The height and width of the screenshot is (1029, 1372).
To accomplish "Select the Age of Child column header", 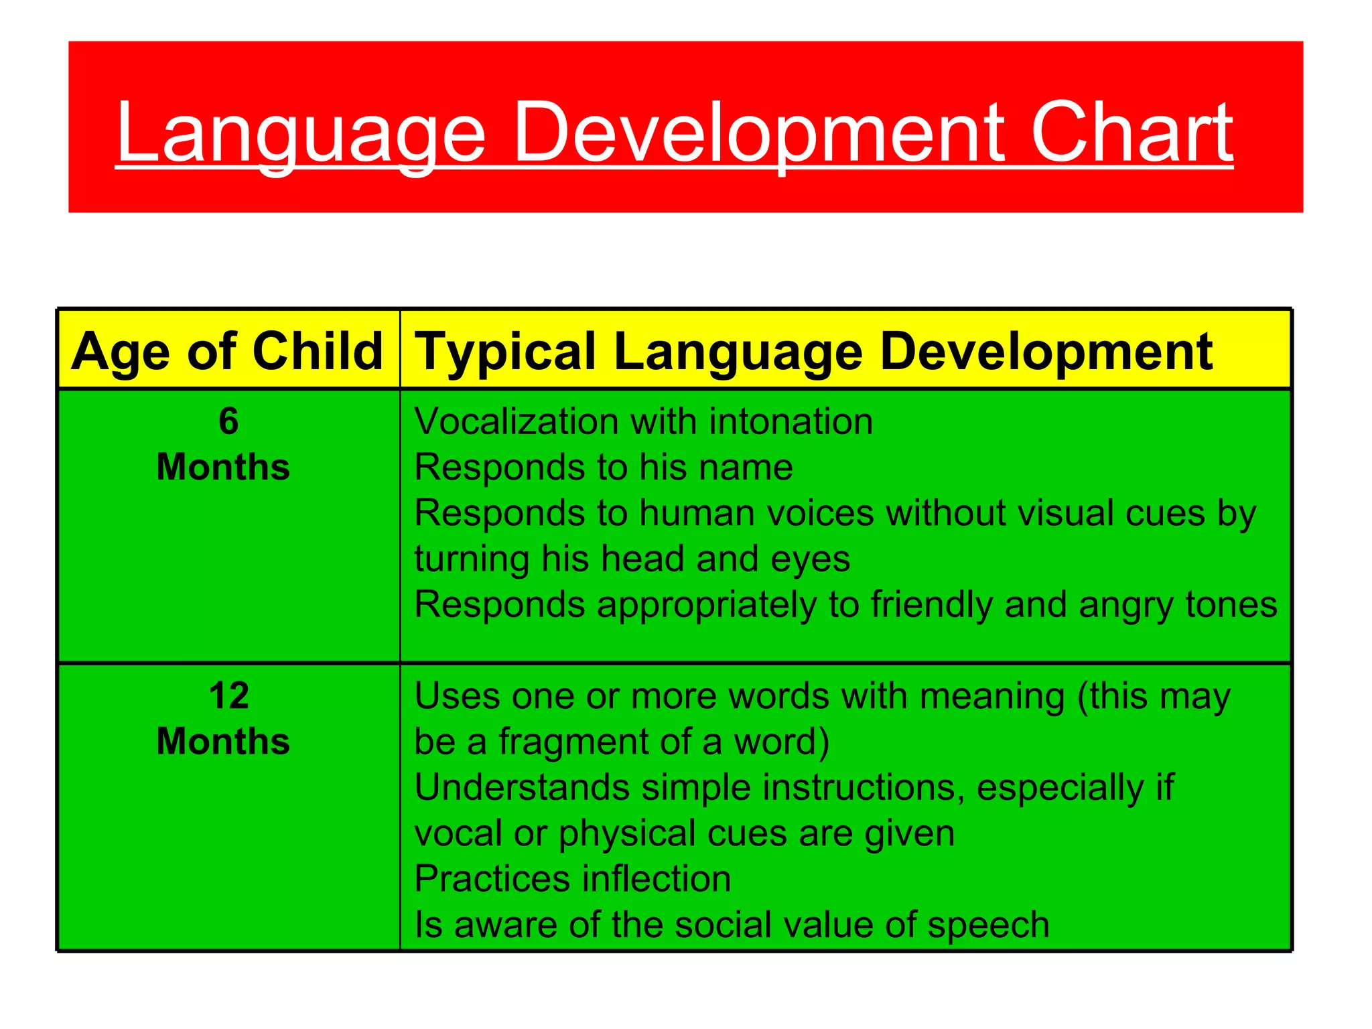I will coord(227,351).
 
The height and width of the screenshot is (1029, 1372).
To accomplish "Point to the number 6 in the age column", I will coord(228,421).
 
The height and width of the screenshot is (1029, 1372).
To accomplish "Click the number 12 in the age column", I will coord(228,696).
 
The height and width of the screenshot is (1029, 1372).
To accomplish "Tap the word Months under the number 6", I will coord(223,467).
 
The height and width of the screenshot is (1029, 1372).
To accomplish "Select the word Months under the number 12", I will coord(223,742).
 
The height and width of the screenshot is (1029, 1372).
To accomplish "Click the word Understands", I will coord(522,787).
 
